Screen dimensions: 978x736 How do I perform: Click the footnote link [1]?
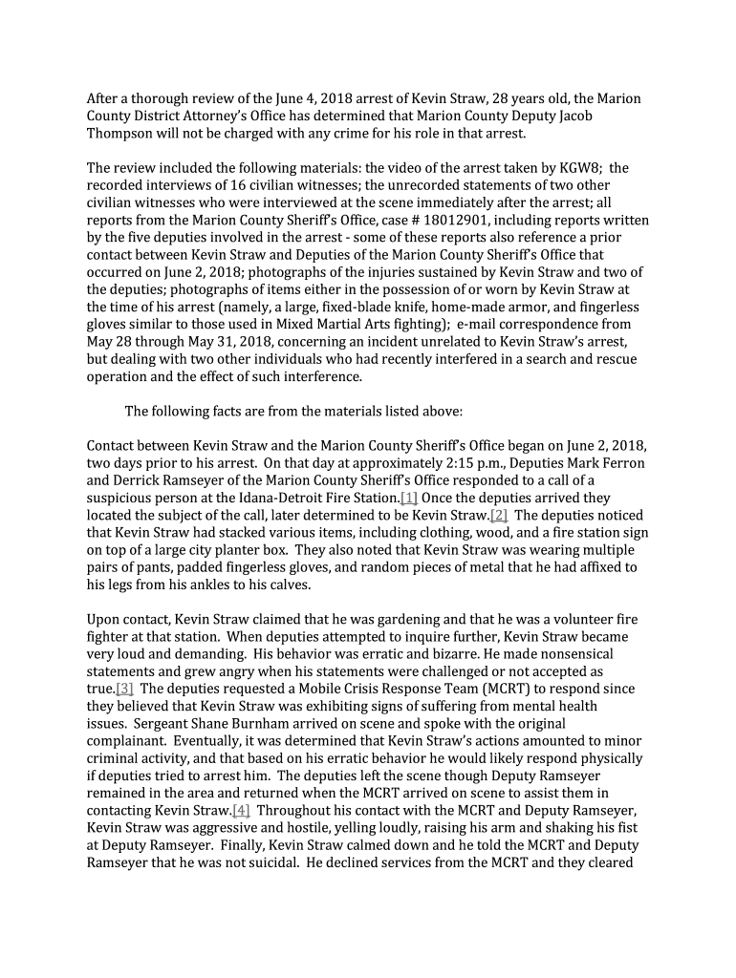point(409,499)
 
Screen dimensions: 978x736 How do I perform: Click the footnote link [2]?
point(499,516)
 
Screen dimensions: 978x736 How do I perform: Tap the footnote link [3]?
point(124,689)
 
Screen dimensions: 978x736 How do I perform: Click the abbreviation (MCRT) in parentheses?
point(511,689)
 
